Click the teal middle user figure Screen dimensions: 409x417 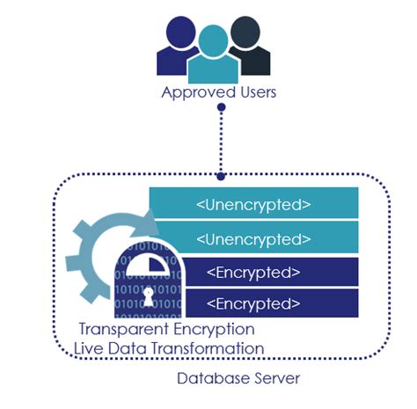pos(212,57)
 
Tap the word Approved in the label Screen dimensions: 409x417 pos(193,92)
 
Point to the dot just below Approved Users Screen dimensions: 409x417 pos(222,108)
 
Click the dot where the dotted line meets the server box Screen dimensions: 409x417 pos(222,175)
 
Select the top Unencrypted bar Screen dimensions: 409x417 pos(253,205)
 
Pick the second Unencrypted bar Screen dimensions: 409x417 pos(253,238)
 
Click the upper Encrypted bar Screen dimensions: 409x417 pos(253,271)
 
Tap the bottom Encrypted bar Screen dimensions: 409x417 pos(253,303)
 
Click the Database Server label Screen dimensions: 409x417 pos(227,379)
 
